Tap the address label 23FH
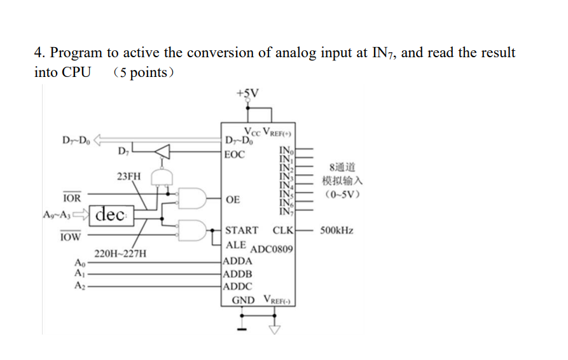pos(129,176)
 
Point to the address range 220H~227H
pos(120,253)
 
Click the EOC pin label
pos(235,154)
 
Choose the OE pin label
pos(233,200)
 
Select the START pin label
pos(242,230)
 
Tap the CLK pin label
pos(283,230)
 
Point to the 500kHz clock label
pos(336,230)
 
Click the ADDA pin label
pos(239,261)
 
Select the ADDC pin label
pos(239,286)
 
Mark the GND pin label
pos(243,300)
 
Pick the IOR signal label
pos(72,198)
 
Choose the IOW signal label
pos(71,237)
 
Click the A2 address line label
pos(79,286)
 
